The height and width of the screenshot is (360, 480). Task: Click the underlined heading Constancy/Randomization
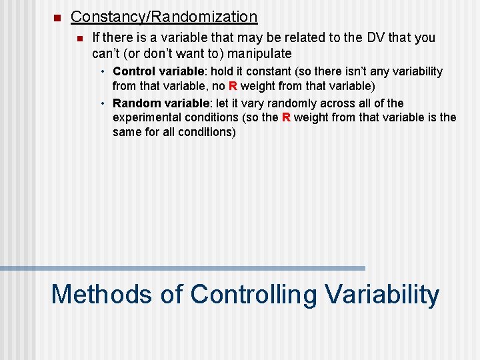pos(163,17)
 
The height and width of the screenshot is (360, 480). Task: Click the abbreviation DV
pos(376,38)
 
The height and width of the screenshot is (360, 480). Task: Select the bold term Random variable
pos(161,103)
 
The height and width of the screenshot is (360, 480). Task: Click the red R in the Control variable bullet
pos(233,86)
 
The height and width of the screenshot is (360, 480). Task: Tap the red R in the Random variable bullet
pos(285,118)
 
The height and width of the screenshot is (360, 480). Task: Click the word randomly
pos(295,103)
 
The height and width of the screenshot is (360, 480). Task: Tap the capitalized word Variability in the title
pos(382,294)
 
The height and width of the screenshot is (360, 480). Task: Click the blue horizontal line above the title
pos(183,268)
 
